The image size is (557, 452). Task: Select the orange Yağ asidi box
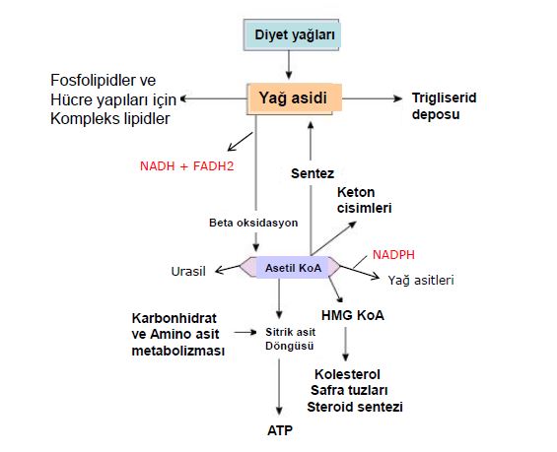pyautogui.click(x=293, y=97)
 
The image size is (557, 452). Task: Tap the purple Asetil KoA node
pyautogui.click(x=290, y=267)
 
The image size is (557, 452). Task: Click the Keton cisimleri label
pyautogui.click(x=364, y=200)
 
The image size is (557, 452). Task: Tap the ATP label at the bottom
pyautogui.click(x=281, y=430)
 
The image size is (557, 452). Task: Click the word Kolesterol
pyautogui.click(x=347, y=375)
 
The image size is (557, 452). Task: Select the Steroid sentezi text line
pyautogui.click(x=354, y=407)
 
